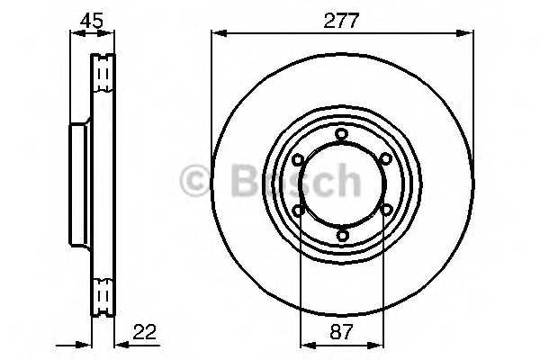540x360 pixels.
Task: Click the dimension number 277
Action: click(x=341, y=21)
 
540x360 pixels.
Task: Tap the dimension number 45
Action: click(x=91, y=21)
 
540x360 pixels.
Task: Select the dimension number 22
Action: click(x=144, y=332)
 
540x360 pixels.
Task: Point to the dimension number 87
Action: click(x=341, y=332)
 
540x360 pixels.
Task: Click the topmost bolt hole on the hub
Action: click(x=341, y=134)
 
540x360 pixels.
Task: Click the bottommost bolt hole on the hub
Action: click(x=342, y=236)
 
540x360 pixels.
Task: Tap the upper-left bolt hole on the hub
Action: click(x=298, y=159)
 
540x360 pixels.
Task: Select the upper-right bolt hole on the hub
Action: click(x=386, y=158)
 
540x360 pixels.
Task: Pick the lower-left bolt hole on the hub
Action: click(x=298, y=210)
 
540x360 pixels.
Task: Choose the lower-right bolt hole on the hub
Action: click(x=386, y=209)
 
